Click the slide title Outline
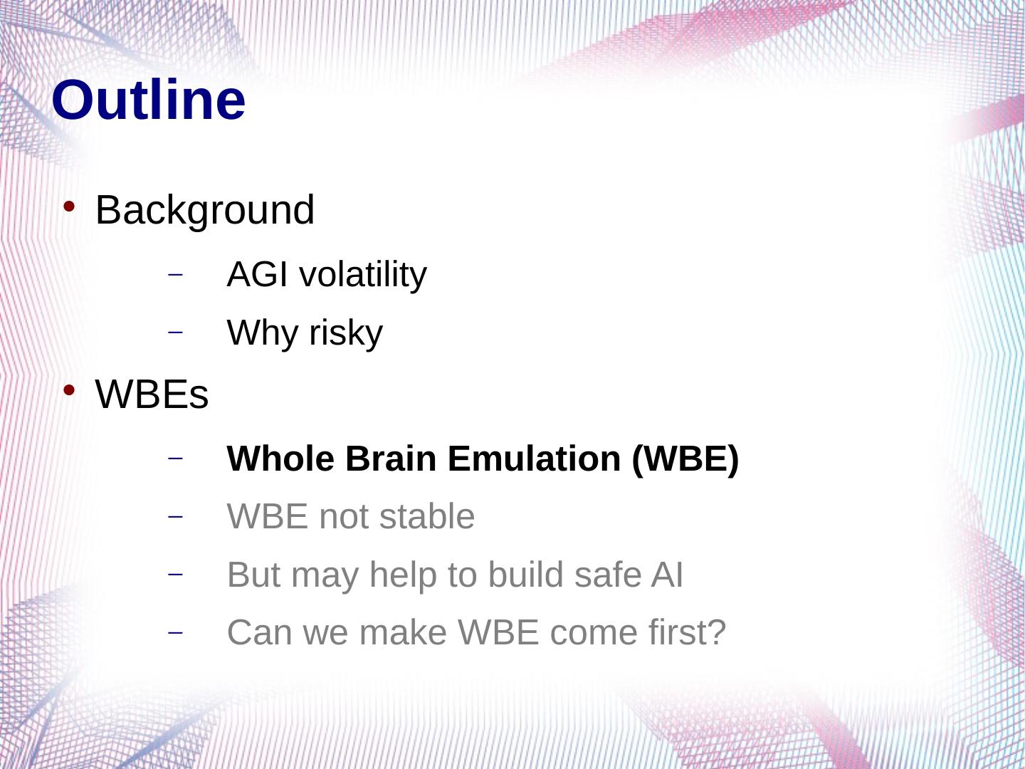coord(149,100)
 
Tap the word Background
coord(205,210)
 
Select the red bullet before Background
coord(69,206)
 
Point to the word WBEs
coord(152,394)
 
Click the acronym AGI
coord(257,274)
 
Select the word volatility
coord(363,275)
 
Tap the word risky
coord(346,333)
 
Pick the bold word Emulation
coord(535,459)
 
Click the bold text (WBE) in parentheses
coord(685,459)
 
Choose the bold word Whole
coord(280,459)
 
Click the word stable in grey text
coord(427,516)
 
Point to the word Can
coord(260,633)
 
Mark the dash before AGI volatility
coord(175,275)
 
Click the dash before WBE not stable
coord(175,517)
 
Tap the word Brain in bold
coord(391,459)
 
